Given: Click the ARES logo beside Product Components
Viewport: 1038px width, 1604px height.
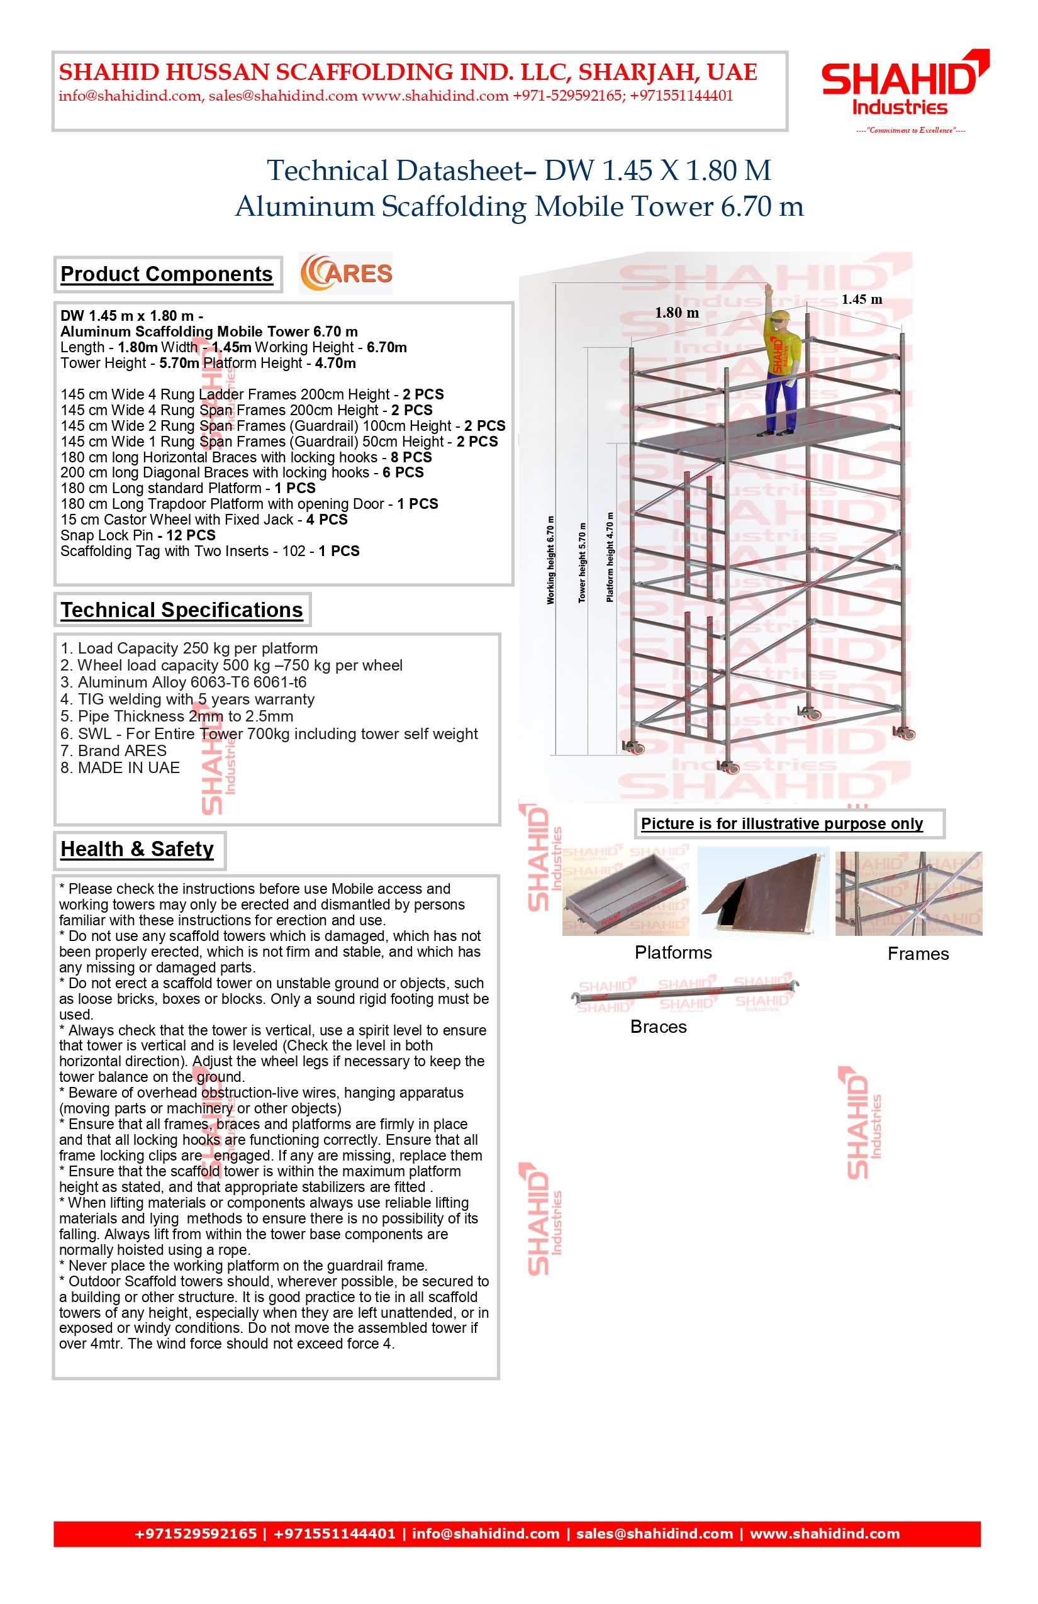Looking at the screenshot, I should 347,273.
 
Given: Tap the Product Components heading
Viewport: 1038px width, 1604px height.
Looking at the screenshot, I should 167,274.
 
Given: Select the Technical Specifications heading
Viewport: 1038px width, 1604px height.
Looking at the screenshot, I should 181,610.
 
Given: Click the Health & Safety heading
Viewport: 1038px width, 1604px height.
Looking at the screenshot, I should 137,849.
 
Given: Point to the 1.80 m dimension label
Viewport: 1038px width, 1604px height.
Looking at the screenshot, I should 677,313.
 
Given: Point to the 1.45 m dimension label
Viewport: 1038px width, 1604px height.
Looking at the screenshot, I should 861,299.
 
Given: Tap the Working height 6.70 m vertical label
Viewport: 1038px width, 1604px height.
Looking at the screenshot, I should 550,560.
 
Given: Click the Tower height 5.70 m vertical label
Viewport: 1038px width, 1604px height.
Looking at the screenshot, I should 582,562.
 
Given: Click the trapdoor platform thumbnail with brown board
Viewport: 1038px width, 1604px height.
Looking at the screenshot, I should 764,893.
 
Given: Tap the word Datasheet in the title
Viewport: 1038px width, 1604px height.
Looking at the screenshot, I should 463,170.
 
